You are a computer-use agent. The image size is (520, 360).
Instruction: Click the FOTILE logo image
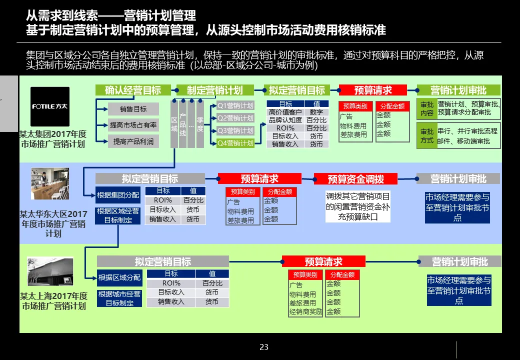[x=50, y=106]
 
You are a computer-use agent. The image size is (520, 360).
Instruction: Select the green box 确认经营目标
[x=133, y=90]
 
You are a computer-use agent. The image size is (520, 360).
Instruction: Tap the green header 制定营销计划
[x=214, y=90]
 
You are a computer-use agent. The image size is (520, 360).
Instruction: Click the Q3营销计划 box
[x=235, y=130]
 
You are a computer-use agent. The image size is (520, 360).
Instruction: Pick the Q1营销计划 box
[x=235, y=105]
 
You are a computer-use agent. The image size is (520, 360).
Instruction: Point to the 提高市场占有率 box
[x=133, y=125]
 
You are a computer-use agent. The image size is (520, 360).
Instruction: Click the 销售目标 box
[x=133, y=109]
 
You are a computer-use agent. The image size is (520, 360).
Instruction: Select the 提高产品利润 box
[x=133, y=141]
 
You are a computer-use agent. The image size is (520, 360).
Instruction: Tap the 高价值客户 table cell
[x=285, y=112]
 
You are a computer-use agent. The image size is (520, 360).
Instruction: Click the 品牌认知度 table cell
[x=285, y=120]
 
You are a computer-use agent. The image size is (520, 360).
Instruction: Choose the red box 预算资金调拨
[x=355, y=179]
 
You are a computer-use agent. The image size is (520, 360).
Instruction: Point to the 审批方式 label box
[x=427, y=136]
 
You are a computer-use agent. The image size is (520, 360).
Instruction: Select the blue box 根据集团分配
[x=118, y=195]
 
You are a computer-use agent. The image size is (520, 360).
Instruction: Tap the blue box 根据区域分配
[x=119, y=277]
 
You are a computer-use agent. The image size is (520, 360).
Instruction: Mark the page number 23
[x=264, y=347]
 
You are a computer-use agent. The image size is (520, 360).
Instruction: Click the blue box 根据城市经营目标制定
[x=119, y=298]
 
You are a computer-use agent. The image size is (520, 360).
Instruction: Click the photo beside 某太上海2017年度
[x=50, y=271]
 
